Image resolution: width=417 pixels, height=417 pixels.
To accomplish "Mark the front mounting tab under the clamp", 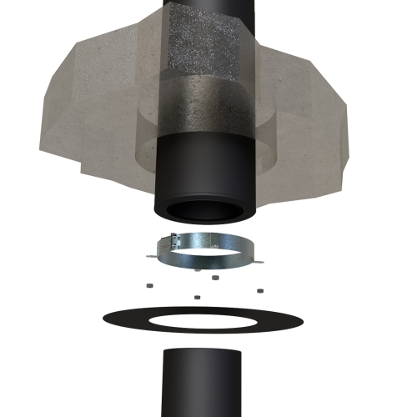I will tap(197, 270).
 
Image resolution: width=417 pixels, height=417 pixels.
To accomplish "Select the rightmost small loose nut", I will tap(260, 289).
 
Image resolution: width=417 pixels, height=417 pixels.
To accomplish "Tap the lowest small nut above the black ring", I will tap(198, 296).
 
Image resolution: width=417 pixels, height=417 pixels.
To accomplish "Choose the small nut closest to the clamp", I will tap(215, 278).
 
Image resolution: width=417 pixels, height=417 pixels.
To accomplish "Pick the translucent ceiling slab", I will tap(75, 108).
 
